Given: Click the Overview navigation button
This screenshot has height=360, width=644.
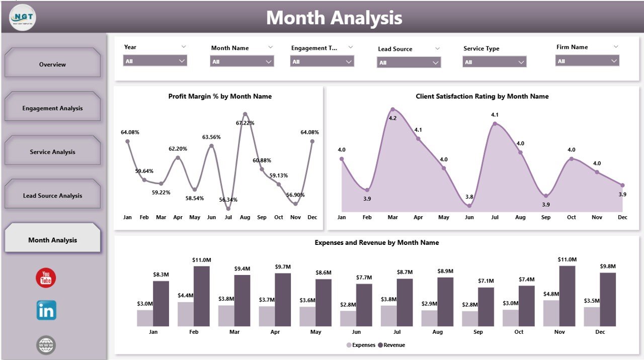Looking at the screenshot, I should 52,64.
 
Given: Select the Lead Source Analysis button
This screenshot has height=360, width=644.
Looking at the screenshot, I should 52,196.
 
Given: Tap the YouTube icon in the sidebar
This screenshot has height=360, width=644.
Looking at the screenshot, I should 46,278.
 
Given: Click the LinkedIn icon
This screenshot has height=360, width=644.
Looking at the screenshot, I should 46,310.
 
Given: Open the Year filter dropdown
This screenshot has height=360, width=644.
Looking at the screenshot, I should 155,61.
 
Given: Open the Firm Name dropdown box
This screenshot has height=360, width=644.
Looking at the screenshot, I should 587,61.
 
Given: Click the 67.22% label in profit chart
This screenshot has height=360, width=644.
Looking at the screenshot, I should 245,123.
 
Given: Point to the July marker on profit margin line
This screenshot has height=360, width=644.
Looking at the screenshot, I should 228,208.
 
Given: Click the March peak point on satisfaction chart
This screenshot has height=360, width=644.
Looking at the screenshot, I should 392,109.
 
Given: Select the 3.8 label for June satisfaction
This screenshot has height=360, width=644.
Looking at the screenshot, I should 469,197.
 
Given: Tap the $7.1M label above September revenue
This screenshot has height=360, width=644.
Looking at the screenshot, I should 486,281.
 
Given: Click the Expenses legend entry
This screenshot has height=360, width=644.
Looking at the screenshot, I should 361,345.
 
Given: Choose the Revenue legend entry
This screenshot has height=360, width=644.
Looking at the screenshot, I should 391,345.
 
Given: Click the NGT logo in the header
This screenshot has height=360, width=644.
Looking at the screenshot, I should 23,18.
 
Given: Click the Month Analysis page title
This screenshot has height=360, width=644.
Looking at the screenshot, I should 334,18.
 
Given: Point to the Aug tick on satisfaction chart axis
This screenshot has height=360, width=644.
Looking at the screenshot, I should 520,217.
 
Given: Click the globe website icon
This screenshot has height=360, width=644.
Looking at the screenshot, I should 46,345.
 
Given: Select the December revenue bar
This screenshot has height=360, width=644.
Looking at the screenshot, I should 608,299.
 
